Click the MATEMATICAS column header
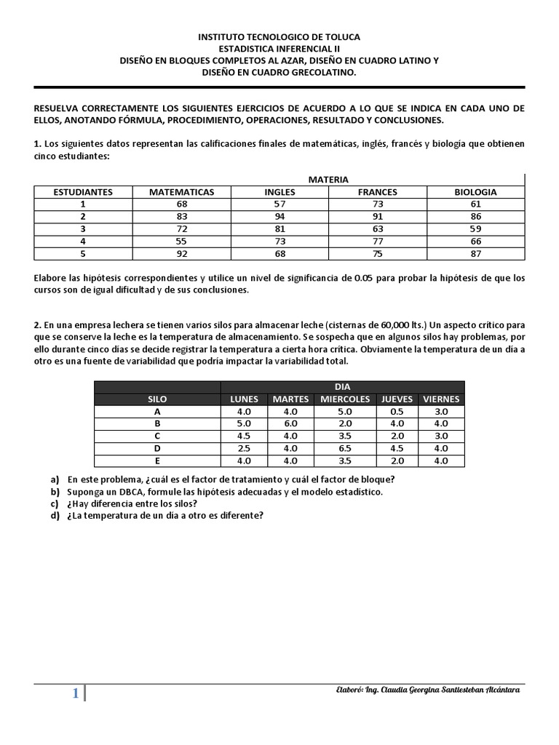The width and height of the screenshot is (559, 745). (181, 192)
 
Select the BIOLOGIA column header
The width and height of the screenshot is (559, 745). (475, 192)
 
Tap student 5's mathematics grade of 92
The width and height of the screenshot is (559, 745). (181, 253)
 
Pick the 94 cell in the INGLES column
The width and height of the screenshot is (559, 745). (279, 217)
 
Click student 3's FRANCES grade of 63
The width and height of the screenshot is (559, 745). (377, 229)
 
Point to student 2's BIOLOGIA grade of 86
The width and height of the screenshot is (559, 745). (475, 217)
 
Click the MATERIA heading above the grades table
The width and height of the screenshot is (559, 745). (328, 179)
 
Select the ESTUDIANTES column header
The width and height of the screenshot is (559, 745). (83, 192)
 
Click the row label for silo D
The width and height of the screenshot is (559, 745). (157, 448)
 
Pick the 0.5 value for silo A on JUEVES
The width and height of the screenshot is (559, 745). (396, 411)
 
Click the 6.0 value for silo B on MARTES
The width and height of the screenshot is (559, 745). (290, 423)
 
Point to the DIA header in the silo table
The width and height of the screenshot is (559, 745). (341, 387)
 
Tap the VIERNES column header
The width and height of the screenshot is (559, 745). (441, 399)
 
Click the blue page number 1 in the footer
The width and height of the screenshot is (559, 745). (75, 693)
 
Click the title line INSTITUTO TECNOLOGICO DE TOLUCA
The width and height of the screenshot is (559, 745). (279, 36)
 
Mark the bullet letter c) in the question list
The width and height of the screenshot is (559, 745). (55, 503)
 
